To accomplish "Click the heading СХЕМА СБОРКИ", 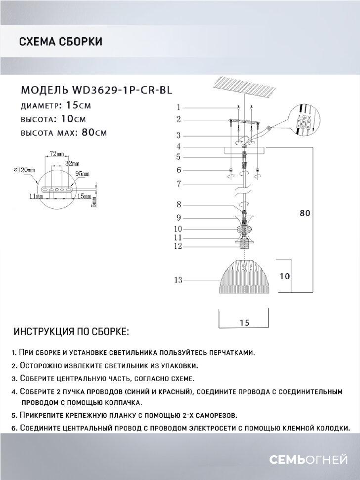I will [x=60, y=42].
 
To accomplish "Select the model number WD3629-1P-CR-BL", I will [x=125, y=91].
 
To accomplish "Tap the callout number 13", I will [x=179, y=281].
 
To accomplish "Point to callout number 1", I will [x=180, y=107].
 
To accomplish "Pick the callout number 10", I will [x=179, y=229].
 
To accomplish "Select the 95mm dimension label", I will [x=82, y=174].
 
